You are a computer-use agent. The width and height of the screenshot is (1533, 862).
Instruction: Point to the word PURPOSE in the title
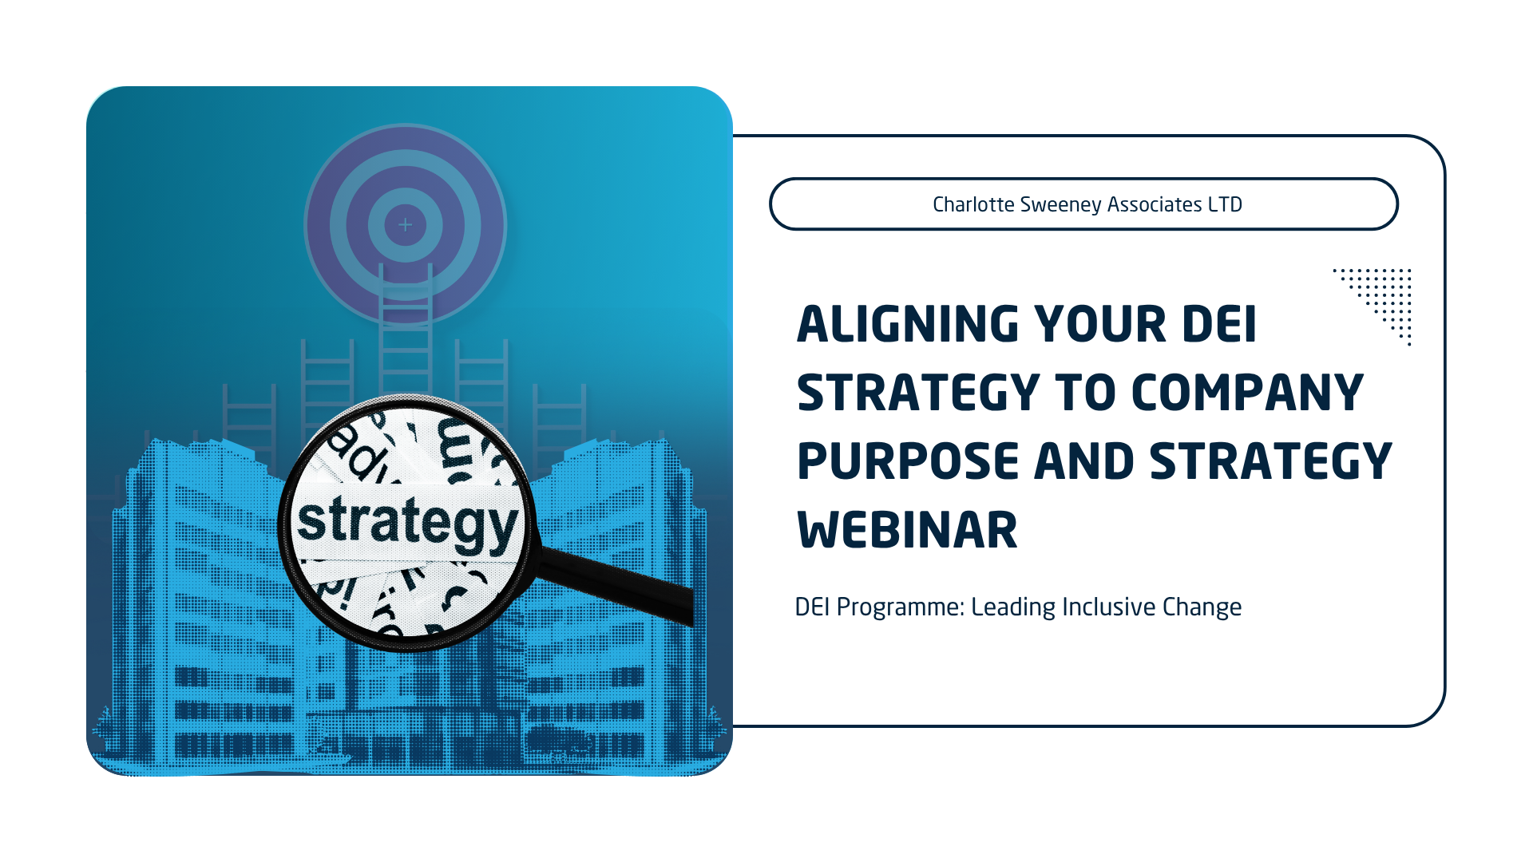click(908, 461)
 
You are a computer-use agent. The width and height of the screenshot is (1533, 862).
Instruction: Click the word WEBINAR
click(907, 530)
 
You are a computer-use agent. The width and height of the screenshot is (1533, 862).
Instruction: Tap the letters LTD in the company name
click(1225, 204)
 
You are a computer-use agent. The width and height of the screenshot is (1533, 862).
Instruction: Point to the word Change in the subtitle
click(1202, 607)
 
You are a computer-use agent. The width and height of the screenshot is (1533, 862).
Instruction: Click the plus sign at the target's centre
click(406, 225)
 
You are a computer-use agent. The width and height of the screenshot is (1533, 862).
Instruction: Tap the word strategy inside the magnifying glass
click(407, 522)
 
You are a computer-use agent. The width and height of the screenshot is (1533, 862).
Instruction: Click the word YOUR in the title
click(1101, 324)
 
